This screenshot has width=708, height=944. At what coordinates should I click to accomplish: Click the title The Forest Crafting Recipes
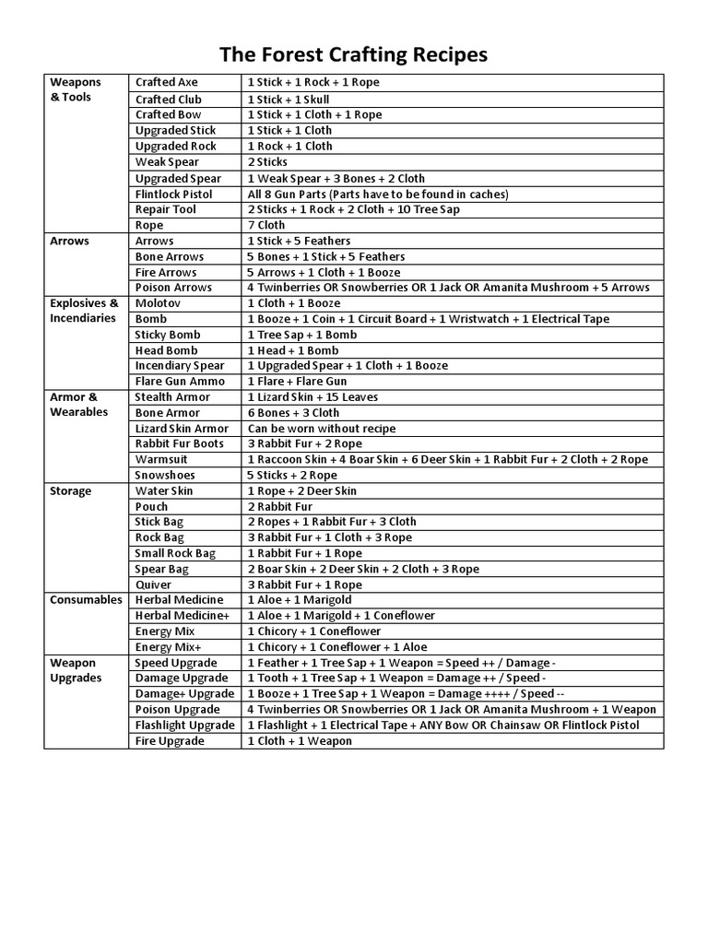point(354,55)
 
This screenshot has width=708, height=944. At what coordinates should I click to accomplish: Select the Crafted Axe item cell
point(167,83)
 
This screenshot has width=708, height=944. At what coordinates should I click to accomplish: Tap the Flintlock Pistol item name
point(173,195)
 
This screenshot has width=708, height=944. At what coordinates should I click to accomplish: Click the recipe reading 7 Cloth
point(266,225)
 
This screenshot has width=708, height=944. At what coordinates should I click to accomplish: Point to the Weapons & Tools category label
point(76,89)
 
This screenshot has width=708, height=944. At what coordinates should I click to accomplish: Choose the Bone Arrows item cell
point(170,256)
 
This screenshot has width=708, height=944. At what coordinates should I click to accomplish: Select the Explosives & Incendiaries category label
point(84,311)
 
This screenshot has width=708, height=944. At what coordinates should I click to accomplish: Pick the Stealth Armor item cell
point(172,397)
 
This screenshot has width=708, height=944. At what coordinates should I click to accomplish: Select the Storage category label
point(71,491)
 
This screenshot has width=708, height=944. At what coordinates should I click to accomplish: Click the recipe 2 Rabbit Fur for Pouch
point(280,507)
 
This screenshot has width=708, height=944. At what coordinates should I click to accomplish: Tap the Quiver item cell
point(153,584)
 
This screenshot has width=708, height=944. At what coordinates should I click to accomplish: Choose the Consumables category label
point(86,600)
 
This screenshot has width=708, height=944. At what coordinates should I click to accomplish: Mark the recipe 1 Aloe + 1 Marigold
point(300,600)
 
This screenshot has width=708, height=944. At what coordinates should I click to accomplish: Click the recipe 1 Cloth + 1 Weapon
point(300,741)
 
